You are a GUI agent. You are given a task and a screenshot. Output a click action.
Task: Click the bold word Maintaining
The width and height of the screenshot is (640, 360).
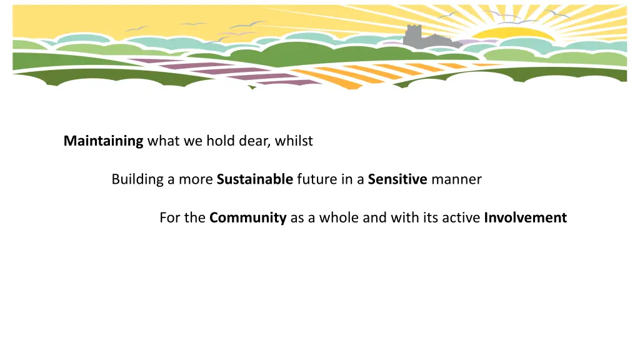pyautogui.click(x=104, y=141)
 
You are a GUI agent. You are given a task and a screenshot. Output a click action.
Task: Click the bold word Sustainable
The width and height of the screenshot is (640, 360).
pyautogui.click(x=255, y=179)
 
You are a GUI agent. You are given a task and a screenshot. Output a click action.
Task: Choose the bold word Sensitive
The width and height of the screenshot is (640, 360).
pyautogui.click(x=397, y=179)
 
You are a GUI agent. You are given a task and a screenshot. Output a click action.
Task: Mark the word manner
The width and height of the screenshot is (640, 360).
pyautogui.click(x=456, y=179)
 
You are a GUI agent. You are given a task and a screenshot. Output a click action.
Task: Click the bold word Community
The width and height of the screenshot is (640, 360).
pyautogui.click(x=248, y=218)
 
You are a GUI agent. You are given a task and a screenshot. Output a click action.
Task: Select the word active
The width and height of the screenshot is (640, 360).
pyautogui.click(x=462, y=218)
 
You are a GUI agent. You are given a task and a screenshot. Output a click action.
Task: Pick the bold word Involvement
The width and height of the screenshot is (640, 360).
pyautogui.click(x=525, y=218)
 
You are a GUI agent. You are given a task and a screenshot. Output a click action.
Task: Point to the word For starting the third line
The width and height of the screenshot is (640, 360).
pyautogui.click(x=169, y=218)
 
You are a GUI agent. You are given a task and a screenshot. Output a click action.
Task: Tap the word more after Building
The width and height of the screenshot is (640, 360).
pyautogui.click(x=196, y=179)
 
